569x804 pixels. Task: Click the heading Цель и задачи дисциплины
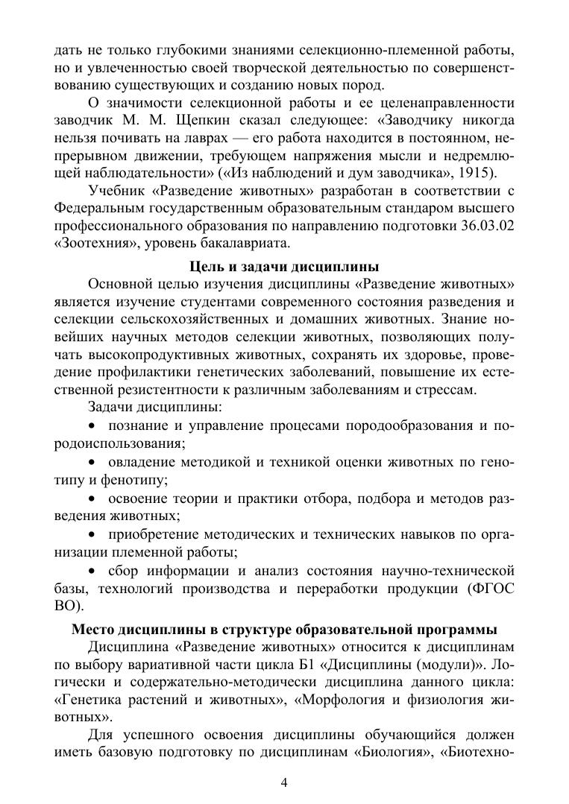[x=284, y=267]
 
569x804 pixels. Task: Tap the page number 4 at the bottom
[x=284, y=782]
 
